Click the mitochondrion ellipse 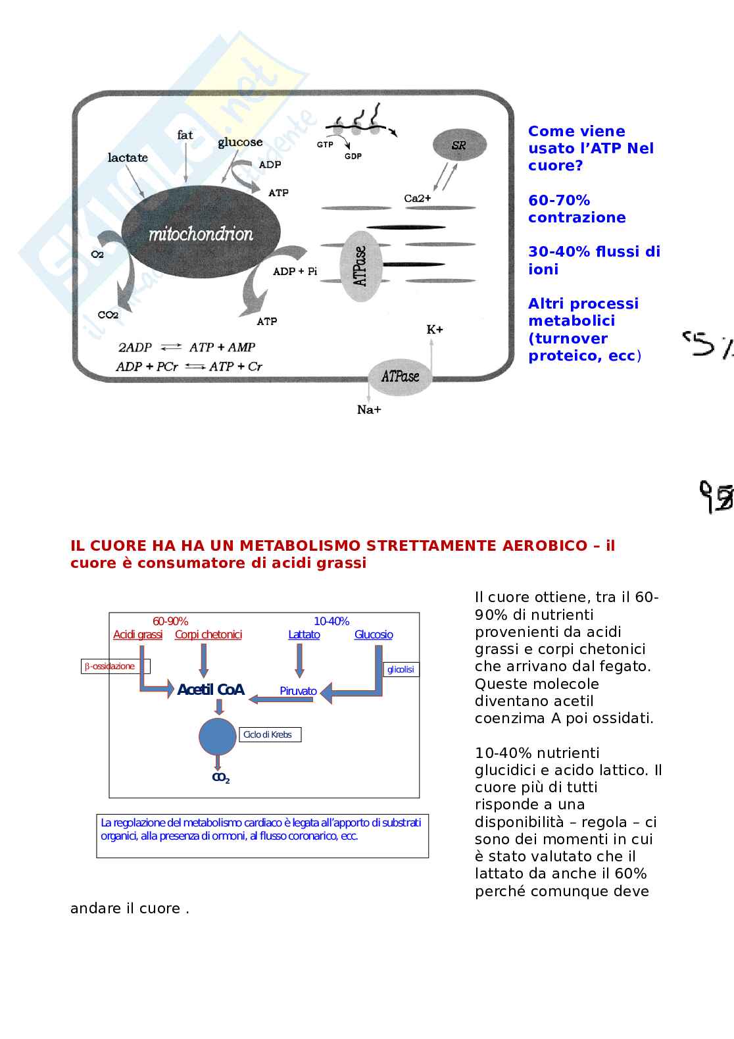point(201,234)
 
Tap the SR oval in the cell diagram point(459,145)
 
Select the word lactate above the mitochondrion point(128,158)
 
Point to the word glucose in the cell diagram point(240,142)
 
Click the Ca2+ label point(418,198)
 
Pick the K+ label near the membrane point(435,329)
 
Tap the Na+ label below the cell point(369,410)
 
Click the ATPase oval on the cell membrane point(400,376)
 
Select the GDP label point(353,157)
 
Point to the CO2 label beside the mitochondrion point(108,315)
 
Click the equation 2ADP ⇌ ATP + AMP point(186,347)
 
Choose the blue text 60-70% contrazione point(577,209)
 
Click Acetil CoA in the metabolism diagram point(210,690)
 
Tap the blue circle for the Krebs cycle point(218,736)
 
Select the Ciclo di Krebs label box point(270,734)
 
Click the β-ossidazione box point(115,666)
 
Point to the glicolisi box point(401,669)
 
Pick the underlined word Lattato point(304,634)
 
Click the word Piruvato point(298,691)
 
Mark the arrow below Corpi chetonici point(204,660)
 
